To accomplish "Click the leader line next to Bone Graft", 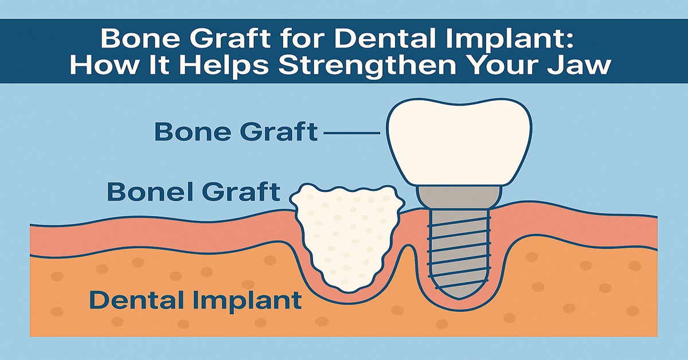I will click(x=351, y=134).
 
